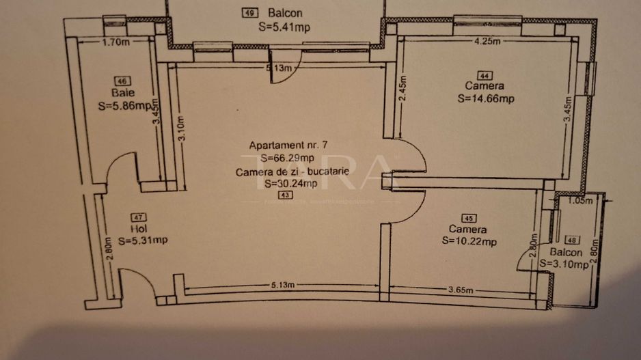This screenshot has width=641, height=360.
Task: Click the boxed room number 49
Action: (250, 12)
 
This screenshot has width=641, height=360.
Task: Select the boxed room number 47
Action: (138, 217)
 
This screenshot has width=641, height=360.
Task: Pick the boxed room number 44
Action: (485, 75)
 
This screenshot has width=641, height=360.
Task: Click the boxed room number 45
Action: (469, 219)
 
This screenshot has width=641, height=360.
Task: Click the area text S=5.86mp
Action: (124, 106)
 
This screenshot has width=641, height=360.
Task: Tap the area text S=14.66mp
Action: (485, 98)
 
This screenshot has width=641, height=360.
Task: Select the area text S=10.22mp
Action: (469, 241)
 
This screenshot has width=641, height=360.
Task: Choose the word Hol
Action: (137, 229)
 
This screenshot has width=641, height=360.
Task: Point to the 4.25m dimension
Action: (488, 41)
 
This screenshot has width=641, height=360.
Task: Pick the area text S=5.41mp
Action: (286, 28)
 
